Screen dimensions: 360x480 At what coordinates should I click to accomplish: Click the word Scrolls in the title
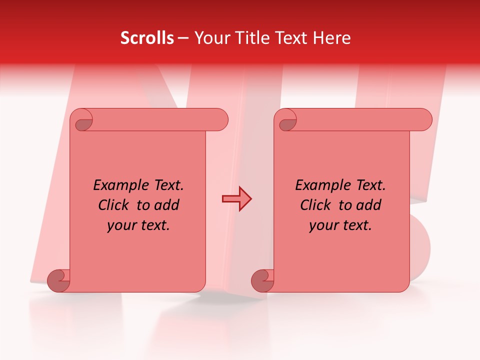tap(147, 38)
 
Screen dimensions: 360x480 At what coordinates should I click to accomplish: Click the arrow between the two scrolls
tap(236, 199)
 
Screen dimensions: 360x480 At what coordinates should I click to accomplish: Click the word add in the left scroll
tap(167, 205)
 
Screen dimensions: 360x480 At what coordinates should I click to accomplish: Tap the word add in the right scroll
tap(369, 205)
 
